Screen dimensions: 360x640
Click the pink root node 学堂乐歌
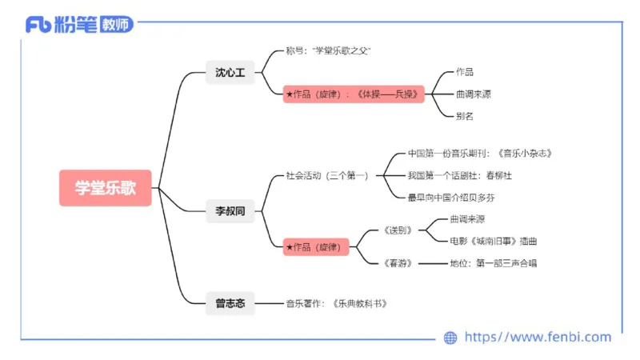click(105, 188)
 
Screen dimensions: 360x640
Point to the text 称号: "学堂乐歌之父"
click(328, 50)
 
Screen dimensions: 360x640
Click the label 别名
click(465, 116)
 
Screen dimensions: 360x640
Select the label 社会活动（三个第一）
click(327, 175)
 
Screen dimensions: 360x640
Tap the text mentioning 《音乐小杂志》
click(480, 153)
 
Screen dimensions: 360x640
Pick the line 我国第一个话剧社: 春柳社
click(459, 175)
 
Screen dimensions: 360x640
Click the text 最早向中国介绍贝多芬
click(457, 197)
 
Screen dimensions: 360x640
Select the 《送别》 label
click(398, 230)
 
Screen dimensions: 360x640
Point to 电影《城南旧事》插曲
click(494, 240)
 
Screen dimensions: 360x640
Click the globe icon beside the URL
click(450, 338)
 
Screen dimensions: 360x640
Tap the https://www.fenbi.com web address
click(538, 338)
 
